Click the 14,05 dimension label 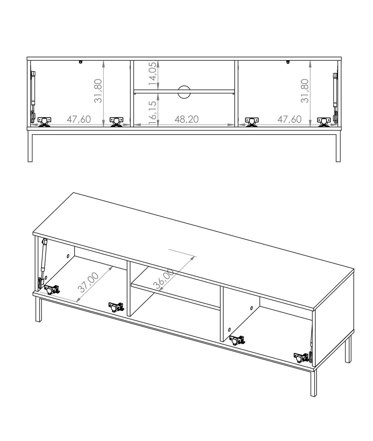click(x=153, y=74)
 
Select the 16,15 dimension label click(x=153, y=113)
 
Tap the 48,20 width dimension click(x=186, y=119)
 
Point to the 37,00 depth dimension click(x=88, y=282)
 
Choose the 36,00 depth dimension click(x=164, y=279)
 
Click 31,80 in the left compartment click(x=98, y=91)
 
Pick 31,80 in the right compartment click(x=305, y=91)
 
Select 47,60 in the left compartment click(x=79, y=119)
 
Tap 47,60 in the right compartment click(x=289, y=119)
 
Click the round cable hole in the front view click(x=184, y=92)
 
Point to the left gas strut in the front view click(x=33, y=97)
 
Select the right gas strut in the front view click(x=335, y=98)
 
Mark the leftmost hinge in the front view click(x=44, y=122)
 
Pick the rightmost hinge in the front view click(x=324, y=122)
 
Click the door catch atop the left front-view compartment click(x=81, y=62)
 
